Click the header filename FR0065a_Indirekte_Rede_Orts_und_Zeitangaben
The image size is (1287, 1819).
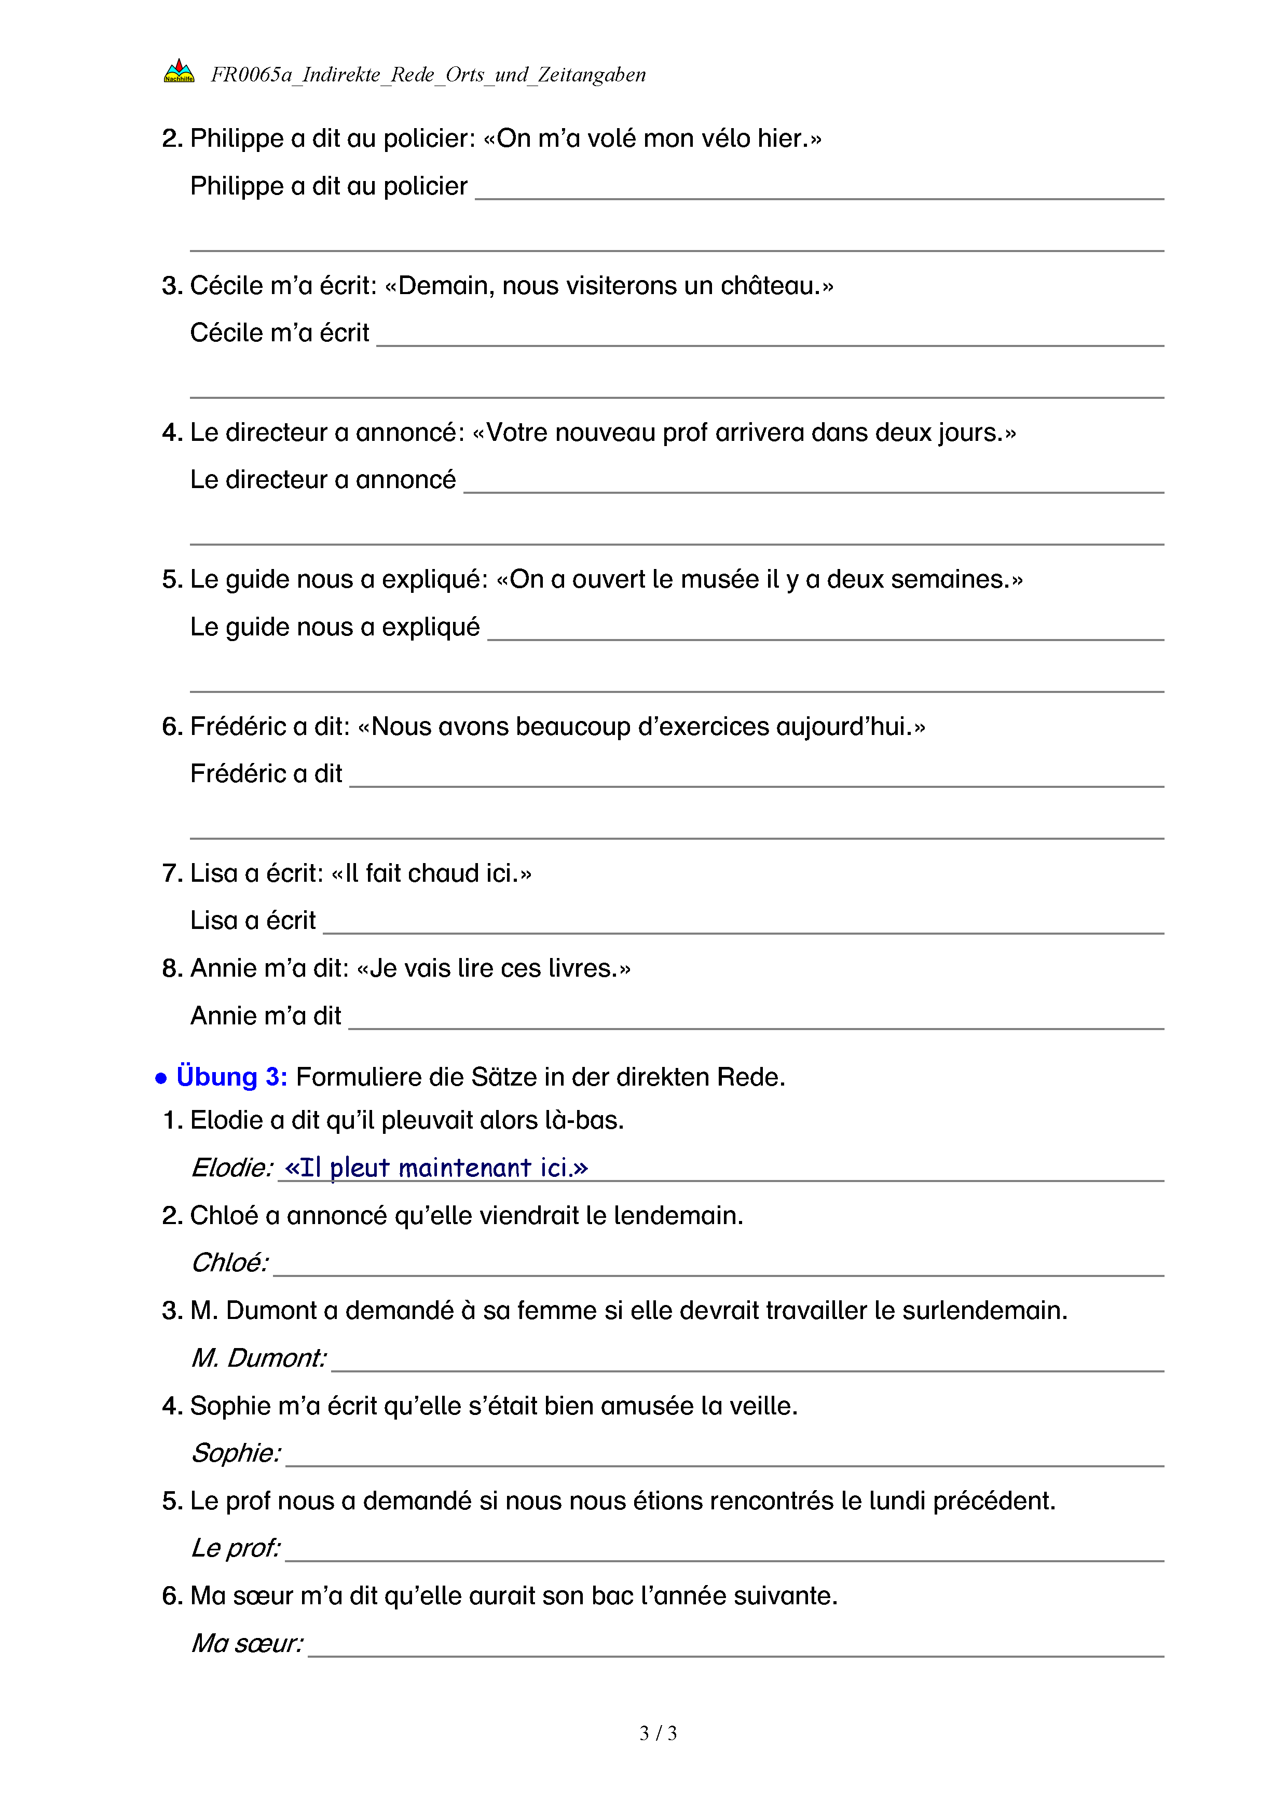pyautogui.click(x=428, y=75)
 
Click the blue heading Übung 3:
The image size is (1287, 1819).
pyautogui.click(x=231, y=1077)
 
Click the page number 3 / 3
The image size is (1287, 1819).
pyautogui.click(x=658, y=1733)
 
